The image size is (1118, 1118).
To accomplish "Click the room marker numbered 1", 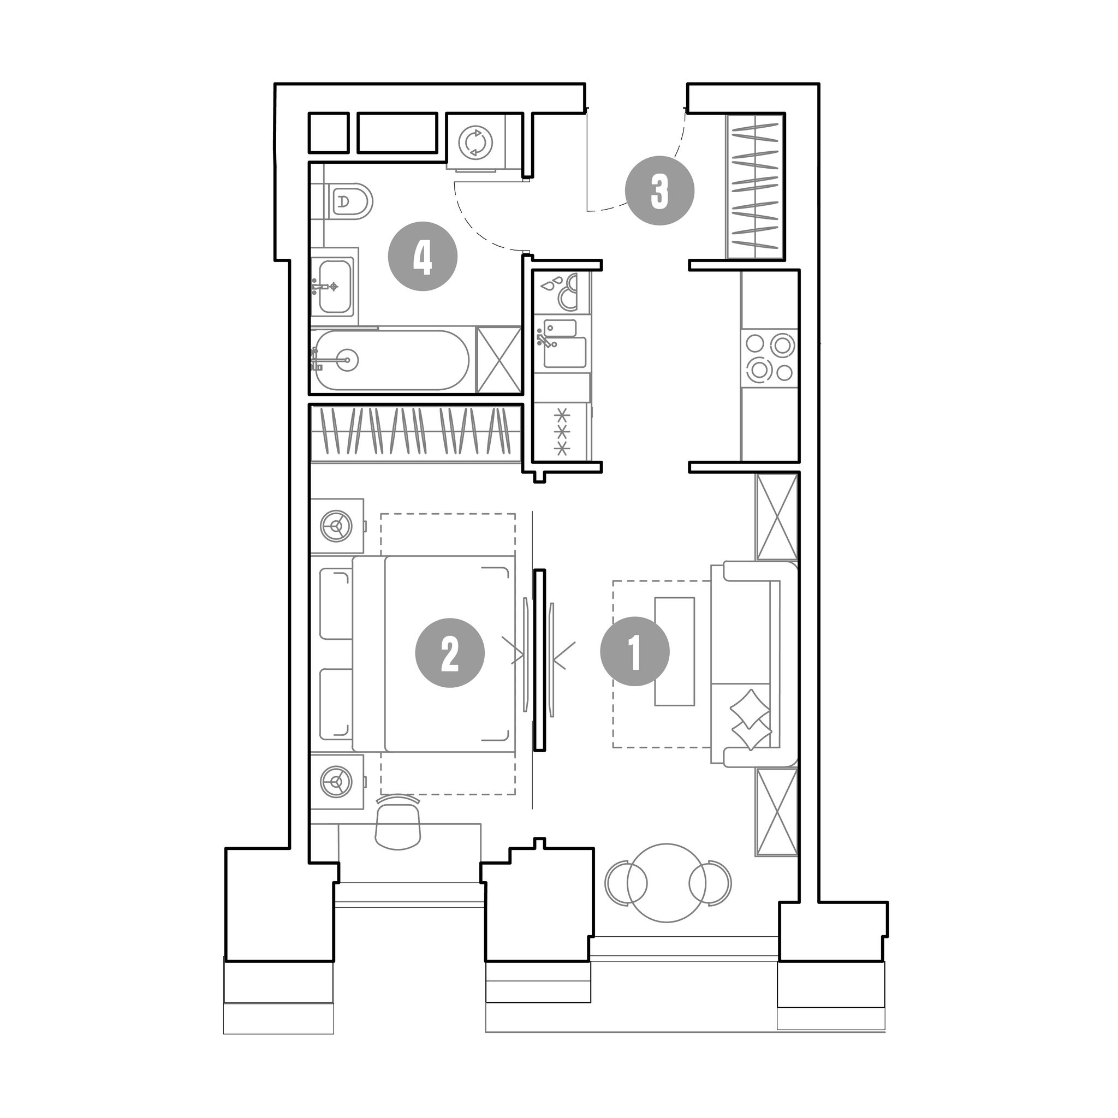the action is tap(635, 652).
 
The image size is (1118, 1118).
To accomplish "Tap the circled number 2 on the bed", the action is tap(450, 653).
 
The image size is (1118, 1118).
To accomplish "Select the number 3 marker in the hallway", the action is tap(659, 191).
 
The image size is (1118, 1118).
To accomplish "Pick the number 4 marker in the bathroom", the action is tap(423, 256).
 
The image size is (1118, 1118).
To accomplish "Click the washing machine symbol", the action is tap(475, 142).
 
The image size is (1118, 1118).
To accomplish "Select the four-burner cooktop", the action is tap(769, 358).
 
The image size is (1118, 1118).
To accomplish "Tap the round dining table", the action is tap(667, 883).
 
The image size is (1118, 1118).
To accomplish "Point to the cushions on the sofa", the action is tap(751, 720).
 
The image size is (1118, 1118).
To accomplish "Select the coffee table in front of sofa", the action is tap(674, 652).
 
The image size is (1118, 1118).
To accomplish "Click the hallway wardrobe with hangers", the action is tap(755, 186).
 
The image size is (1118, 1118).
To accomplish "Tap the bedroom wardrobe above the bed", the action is tap(417, 433).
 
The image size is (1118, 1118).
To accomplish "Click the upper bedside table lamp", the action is tap(336, 526).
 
